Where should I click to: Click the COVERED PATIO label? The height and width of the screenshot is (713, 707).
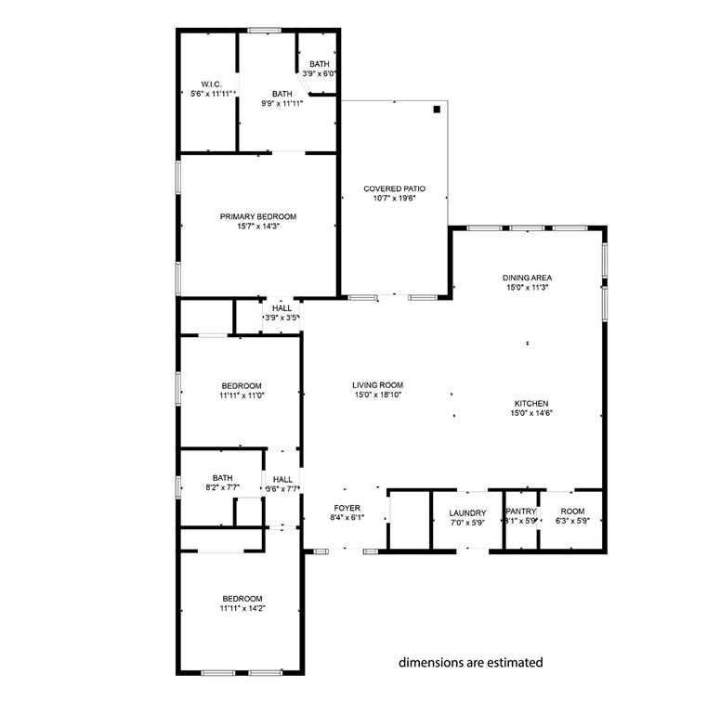394,188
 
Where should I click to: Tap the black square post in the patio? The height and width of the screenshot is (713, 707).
436,110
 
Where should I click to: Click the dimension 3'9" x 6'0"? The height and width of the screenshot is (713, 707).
319,73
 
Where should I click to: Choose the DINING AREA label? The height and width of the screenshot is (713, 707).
529,278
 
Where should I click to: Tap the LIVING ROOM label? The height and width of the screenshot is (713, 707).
377,385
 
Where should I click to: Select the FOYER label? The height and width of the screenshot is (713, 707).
347,508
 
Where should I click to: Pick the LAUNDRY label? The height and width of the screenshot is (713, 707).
467,512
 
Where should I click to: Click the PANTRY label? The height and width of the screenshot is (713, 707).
520,512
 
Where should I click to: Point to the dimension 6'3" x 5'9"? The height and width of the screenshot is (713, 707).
572,521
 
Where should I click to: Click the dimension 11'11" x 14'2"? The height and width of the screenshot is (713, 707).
242,609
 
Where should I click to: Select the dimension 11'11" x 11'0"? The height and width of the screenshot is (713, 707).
242,396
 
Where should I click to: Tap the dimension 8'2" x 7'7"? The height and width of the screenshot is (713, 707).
222,488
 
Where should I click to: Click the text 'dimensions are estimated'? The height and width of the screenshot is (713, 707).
470,663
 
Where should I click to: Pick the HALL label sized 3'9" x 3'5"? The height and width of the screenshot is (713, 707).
281,308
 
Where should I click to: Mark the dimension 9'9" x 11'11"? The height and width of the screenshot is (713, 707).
281,104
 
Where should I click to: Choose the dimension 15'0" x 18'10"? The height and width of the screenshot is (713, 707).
377,395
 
